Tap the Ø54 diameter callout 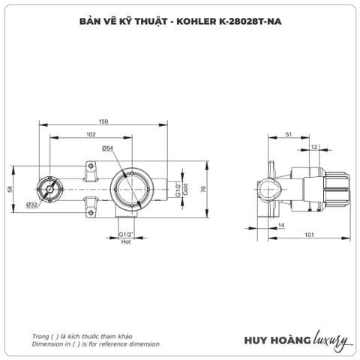click(x=107, y=148)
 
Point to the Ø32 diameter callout click(x=31, y=204)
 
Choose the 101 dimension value click(x=309, y=237)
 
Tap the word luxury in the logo click(x=328, y=340)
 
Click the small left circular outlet click(x=49, y=190)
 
